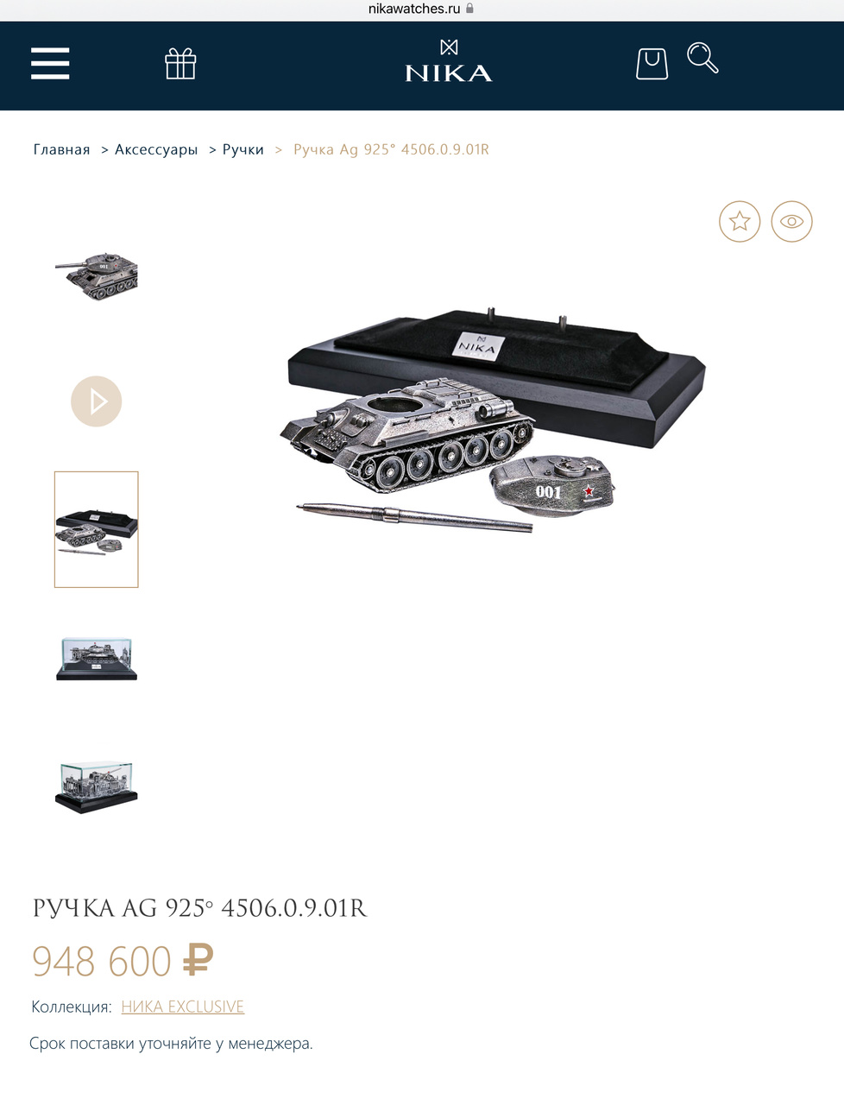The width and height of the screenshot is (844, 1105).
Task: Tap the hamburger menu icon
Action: coord(50,63)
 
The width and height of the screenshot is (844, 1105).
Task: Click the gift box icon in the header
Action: coord(180,63)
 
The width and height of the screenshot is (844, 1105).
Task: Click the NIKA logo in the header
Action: coord(449,60)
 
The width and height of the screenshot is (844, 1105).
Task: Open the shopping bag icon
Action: coord(652,64)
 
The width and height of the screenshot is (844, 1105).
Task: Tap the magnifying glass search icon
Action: coord(702,58)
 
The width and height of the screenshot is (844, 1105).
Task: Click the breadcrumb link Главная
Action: coord(61,149)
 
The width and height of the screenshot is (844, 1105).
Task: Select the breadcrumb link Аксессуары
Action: coord(156,149)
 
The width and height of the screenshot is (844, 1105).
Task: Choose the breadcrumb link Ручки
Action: coord(243,149)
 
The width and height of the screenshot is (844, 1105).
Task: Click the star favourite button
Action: coord(740,221)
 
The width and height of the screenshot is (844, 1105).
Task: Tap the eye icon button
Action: coord(791,221)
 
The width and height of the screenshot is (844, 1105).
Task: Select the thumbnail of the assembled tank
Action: coord(96,276)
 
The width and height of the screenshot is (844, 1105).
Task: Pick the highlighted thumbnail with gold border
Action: coord(96,529)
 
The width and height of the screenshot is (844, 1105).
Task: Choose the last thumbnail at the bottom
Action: coord(96,786)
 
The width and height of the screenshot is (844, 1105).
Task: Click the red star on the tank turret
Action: coord(589,490)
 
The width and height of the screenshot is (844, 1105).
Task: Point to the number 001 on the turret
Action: coord(548,491)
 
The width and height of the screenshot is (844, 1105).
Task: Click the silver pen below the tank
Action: coord(414,516)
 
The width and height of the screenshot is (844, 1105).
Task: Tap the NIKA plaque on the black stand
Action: coord(478,345)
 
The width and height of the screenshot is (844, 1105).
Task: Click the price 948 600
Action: coord(102,961)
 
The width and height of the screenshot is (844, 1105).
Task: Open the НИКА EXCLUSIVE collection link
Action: coord(183,1007)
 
